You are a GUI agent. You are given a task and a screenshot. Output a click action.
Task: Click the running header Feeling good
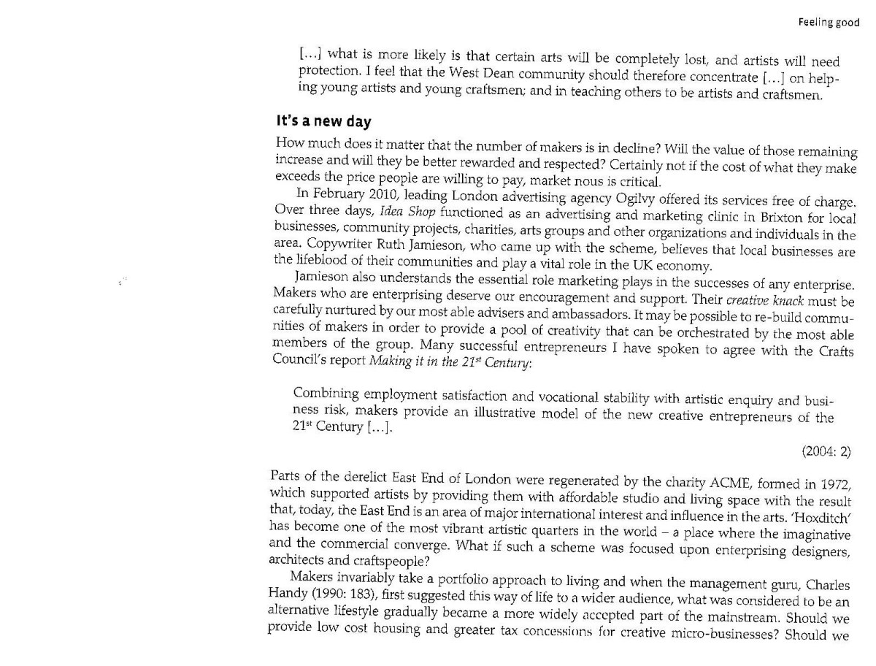[828, 23]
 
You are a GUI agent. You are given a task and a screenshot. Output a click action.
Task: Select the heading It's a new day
[323, 121]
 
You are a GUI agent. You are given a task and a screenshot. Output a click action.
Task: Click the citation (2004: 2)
[826, 452]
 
